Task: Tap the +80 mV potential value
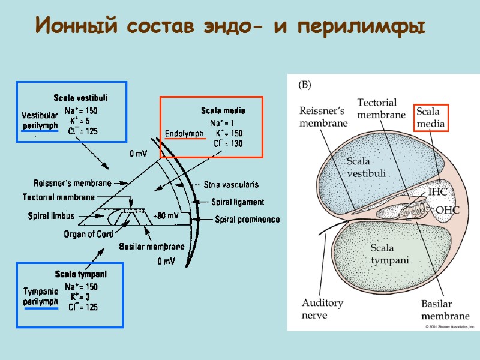(x=166, y=215)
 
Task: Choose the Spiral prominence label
(x=247, y=219)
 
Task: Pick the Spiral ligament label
(x=234, y=202)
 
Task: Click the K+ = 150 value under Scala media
(x=229, y=133)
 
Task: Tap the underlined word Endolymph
(x=185, y=133)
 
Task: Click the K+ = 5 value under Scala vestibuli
(x=80, y=121)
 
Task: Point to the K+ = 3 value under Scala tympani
(x=80, y=296)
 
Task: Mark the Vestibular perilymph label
(x=39, y=121)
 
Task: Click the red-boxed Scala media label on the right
(x=431, y=118)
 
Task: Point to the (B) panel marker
(x=304, y=85)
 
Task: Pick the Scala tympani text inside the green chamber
(x=389, y=254)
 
